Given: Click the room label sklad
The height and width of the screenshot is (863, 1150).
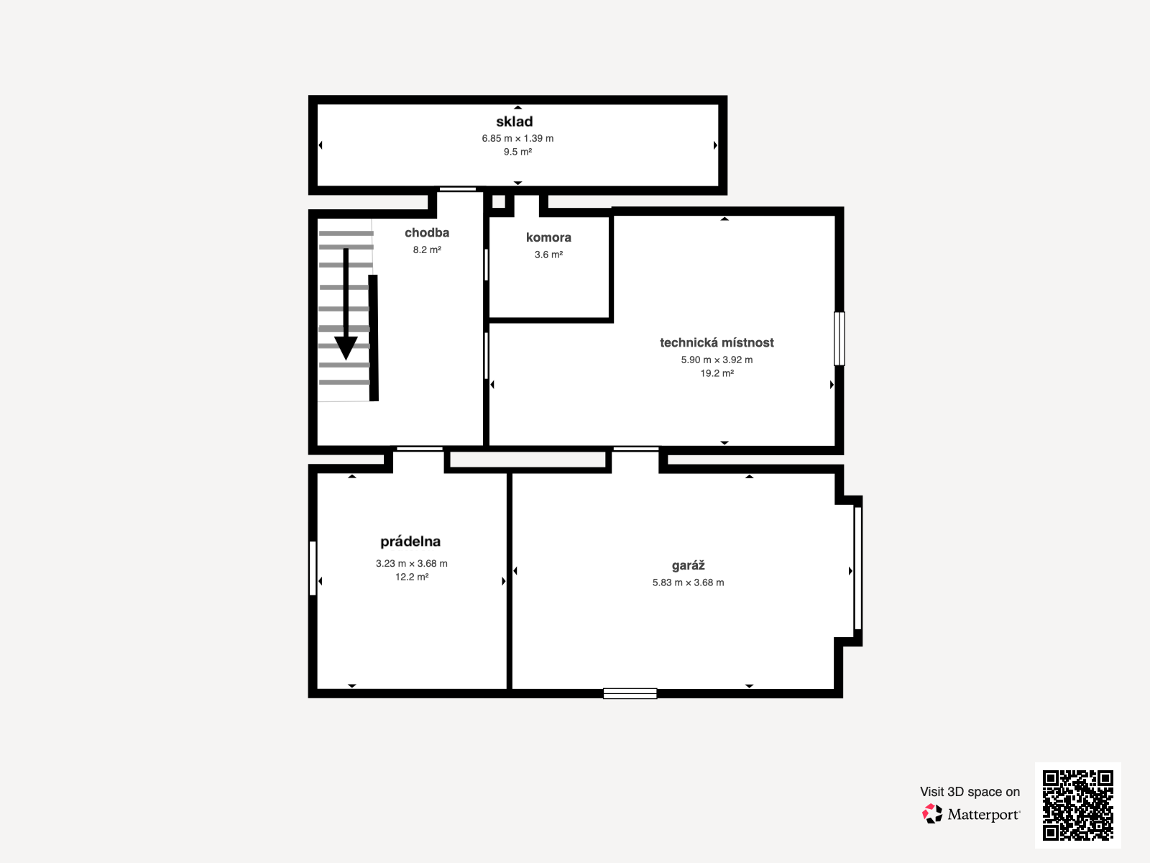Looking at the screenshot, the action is pyautogui.click(x=515, y=122).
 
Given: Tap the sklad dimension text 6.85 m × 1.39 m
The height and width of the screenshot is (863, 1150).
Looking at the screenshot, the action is pyautogui.click(x=517, y=138).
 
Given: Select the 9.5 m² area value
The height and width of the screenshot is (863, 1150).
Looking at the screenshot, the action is pyautogui.click(x=517, y=152).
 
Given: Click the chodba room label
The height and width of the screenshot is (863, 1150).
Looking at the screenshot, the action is pyautogui.click(x=427, y=232).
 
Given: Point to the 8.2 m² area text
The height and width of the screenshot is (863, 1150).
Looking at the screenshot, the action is pyautogui.click(x=427, y=250).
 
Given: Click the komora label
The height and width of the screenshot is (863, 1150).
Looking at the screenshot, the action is pyautogui.click(x=548, y=237).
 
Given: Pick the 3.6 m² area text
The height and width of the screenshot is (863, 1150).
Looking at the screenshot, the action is pyautogui.click(x=548, y=255).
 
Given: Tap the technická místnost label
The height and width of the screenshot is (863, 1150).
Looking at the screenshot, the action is pyautogui.click(x=717, y=343).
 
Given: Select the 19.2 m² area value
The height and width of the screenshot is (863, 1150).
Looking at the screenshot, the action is pyautogui.click(x=717, y=373).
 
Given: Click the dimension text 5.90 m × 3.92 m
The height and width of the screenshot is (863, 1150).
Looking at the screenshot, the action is pyautogui.click(x=717, y=360).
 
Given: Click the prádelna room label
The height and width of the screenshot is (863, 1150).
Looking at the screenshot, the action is pyautogui.click(x=410, y=542).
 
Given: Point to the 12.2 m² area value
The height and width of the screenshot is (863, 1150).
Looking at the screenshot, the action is pyautogui.click(x=412, y=577).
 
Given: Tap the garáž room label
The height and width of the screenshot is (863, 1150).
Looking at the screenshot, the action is pyautogui.click(x=688, y=565).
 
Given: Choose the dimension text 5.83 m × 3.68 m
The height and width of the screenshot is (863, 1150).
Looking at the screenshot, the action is pyautogui.click(x=688, y=583).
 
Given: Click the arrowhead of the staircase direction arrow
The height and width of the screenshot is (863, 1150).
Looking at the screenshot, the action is pyautogui.click(x=346, y=349).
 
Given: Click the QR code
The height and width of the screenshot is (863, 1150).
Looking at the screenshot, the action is pyautogui.click(x=1077, y=805).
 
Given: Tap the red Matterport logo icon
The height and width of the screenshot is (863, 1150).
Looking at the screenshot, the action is pyautogui.click(x=932, y=814).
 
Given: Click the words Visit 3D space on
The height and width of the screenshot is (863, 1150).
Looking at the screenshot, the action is pyautogui.click(x=970, y=792).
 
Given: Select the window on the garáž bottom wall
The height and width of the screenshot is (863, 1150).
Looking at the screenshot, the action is pyautogui.click(x=630, y=693).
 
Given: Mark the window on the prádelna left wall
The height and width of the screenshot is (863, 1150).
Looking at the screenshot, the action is pyautogui.click(x=313, y=568).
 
